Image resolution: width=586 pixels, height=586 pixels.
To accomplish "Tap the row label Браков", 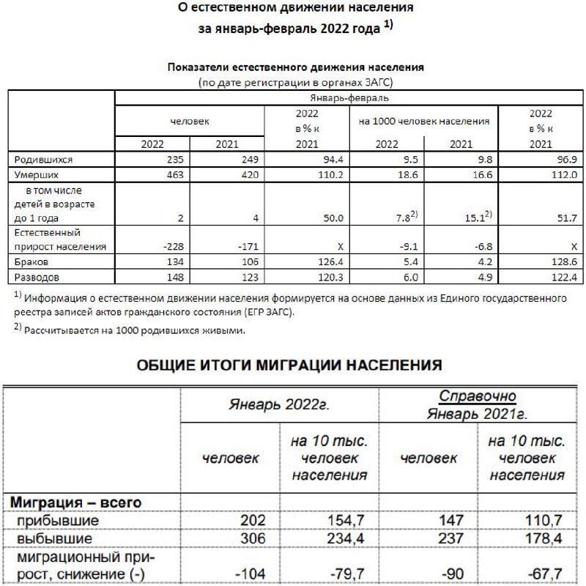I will pyautogui.click(x=31, y=262).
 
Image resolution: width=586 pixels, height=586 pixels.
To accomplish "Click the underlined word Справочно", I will pyautogui.click(x=478, y=396).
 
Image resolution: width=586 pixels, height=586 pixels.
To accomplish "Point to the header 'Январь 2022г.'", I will pyautogui.click(x=279, y=404).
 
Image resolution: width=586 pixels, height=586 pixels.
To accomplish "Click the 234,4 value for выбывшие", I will pyautogui.click(x=345, y=537).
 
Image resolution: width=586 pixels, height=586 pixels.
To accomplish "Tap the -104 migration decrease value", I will pyautogui.click(x=242, y=573).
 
